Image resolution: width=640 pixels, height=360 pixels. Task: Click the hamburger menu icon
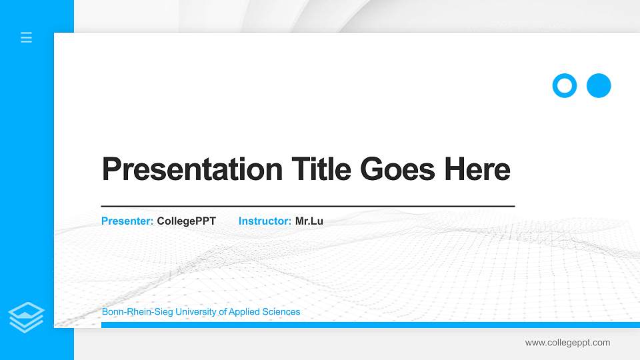coord(27,38)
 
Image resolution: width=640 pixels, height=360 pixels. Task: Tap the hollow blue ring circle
coord(564,85)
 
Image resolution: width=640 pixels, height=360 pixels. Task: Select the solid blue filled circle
coord(599,85)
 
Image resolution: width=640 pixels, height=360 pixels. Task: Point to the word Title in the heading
coord(320,169)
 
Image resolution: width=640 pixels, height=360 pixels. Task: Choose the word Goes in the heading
coord(397,169)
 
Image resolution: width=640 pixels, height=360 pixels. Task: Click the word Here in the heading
coord(477,169)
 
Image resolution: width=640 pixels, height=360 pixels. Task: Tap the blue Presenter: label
coord(127,221)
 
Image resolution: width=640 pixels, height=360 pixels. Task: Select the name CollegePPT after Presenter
coord(186,221)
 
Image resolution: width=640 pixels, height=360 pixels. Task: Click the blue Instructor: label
coord(265,221)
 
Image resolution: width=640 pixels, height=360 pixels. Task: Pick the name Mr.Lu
coord(309,221)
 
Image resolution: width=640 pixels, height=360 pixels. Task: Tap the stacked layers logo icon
coord(27,317)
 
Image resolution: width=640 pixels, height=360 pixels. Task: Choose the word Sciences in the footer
coord(281,312)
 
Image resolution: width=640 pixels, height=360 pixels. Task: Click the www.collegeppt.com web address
coord(567,343)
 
